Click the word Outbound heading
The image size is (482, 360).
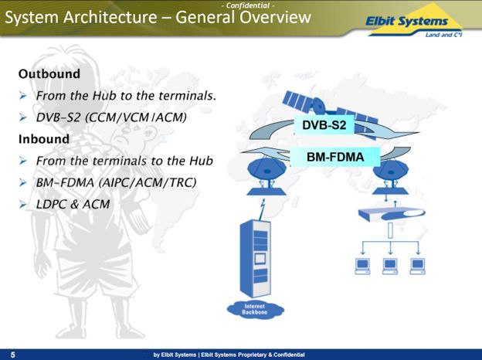[x=49, y=75]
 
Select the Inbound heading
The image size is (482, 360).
[x=44, y=139]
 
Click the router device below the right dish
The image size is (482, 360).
[x=389, y=215]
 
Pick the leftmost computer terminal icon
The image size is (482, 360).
[x=361, y=264]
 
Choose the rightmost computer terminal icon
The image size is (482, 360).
[x=418, y=264]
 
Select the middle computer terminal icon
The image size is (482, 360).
[x=389, y=264]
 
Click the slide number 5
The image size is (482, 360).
[x=12, y=354]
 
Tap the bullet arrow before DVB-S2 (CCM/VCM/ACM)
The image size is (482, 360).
[x=25, y=119]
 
